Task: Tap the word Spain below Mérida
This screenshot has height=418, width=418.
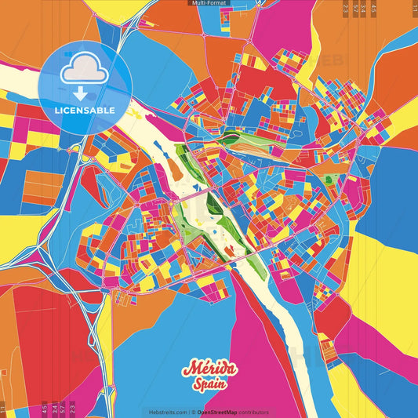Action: [209, 386]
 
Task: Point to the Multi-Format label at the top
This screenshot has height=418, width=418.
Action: [209, 4]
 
